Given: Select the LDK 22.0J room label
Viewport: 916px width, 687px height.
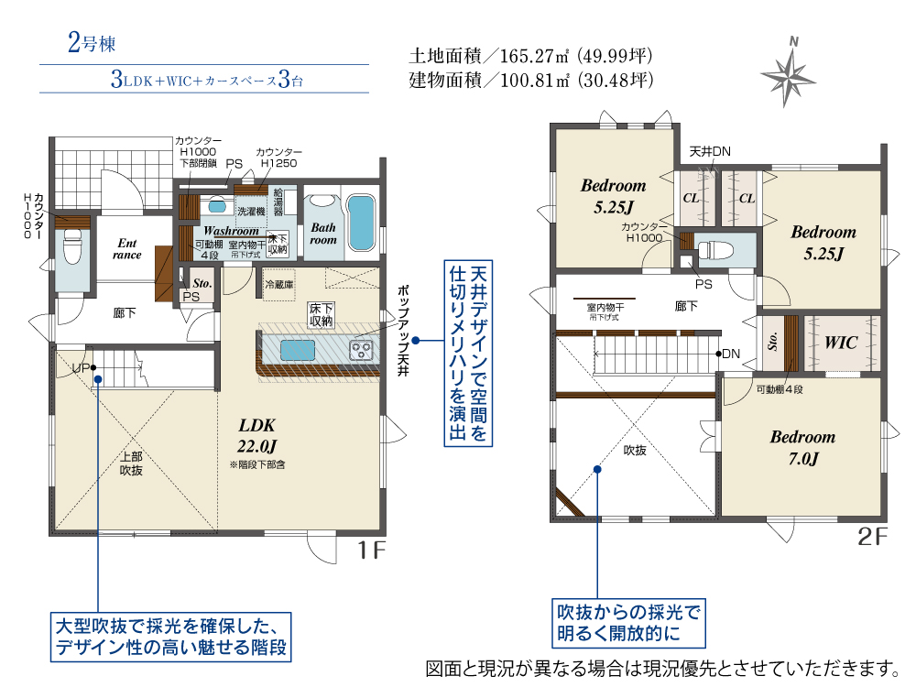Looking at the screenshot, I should pos(256,436).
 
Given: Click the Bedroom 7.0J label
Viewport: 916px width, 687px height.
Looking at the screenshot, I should pos(801,447).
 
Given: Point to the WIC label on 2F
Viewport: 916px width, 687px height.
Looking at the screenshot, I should pos(840,343).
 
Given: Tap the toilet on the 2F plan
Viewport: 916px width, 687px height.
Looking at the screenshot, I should pos(714,248).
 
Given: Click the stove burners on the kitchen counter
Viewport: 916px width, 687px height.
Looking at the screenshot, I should pos(362,349).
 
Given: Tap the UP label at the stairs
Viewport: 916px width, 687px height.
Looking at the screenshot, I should pos(81,368).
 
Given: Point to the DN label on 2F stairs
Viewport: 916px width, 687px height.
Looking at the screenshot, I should pos(731,354).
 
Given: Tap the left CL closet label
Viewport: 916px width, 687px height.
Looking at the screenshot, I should pos(691,198).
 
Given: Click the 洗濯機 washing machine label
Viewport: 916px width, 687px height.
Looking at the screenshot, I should pos(249,211).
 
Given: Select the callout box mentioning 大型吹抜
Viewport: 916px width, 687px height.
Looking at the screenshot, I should pos(171,638).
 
